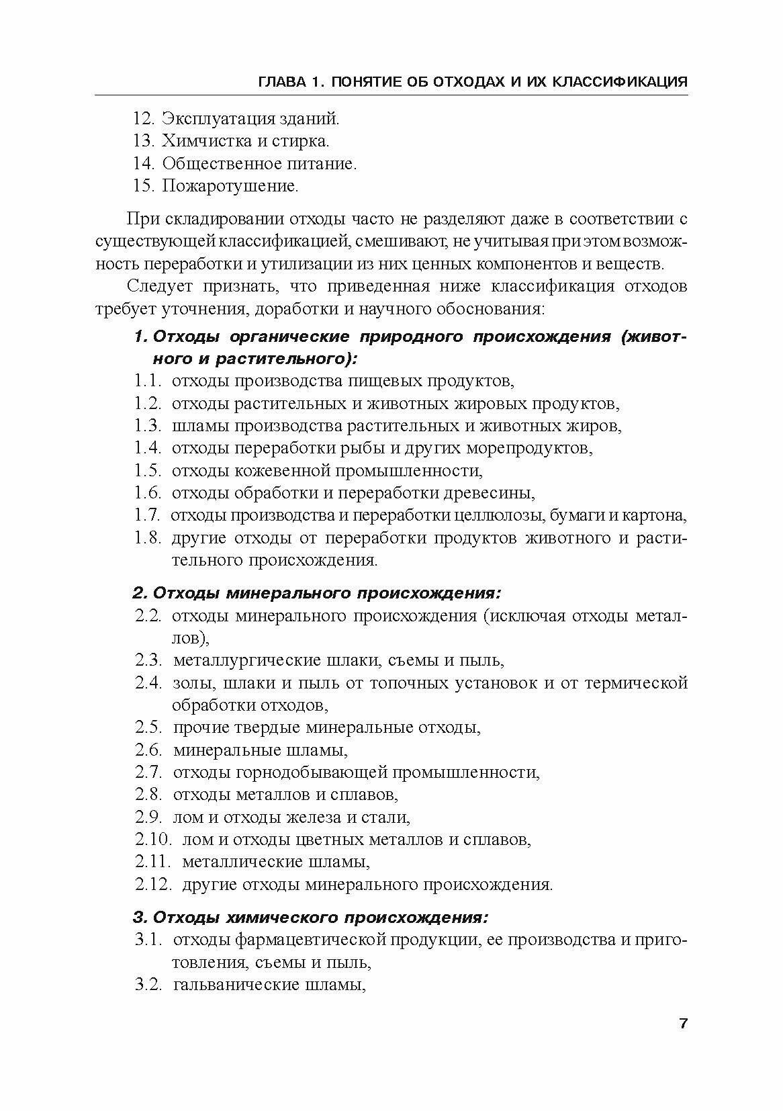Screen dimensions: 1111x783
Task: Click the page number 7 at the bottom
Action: (x=683, y=1024)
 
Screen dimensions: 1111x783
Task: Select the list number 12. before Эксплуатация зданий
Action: (x=144, y=119)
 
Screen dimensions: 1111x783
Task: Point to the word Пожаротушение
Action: (x=230, y=185)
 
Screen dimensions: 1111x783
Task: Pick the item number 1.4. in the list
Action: (x=147, y=448)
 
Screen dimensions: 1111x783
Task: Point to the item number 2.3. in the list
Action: (x=148, y=660)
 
